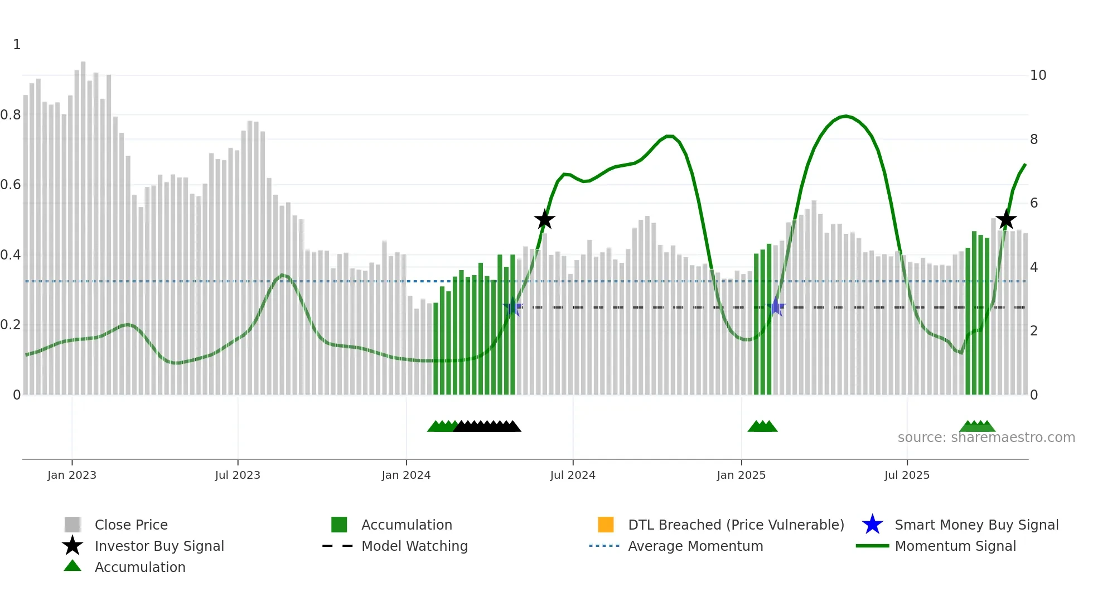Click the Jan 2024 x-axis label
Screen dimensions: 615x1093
(406, 475)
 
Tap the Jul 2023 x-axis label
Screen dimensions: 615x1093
(238, 475)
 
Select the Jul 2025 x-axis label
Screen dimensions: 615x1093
(907, 475)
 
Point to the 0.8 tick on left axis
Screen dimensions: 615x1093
(11, 115)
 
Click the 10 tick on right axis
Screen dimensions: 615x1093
(1038, 75)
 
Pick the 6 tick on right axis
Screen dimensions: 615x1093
(1034, 203)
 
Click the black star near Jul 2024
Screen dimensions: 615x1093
(544, 220)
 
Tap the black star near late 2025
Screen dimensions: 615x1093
(1006, 220)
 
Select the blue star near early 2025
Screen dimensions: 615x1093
(776, 306)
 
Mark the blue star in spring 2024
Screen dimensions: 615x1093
(512, 307)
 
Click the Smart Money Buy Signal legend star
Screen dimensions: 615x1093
(872, 525)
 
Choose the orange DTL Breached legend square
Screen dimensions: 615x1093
(606, 525)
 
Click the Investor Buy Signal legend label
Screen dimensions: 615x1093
(159, 546)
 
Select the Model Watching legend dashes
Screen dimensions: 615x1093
(337, 546)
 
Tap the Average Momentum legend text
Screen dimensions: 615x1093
(695, 546)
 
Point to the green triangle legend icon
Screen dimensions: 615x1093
(72, 566)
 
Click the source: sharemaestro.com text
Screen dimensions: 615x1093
(986, 438)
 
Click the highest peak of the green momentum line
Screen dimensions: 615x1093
(846, 116)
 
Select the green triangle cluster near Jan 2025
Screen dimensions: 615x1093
(762, 427)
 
